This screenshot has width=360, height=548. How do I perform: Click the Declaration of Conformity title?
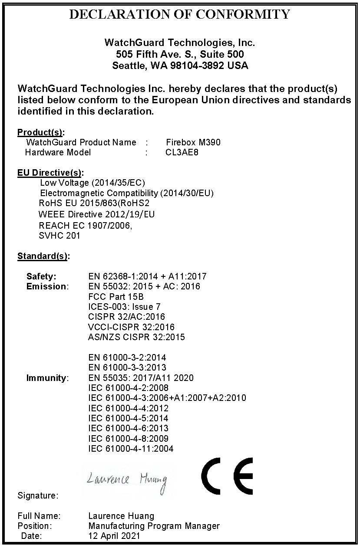click(180, 15)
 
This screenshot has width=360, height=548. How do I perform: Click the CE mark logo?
click(227, 476)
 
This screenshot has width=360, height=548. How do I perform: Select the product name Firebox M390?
click(193, 142)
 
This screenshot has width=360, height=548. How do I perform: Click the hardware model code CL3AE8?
click(182, 152)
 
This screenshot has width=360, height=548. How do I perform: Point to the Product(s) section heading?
click(41, 132)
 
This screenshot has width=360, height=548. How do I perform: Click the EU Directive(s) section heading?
click(50, 173)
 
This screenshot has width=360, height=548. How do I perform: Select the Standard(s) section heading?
click(43, 256)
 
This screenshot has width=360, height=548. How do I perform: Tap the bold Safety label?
click(41, 276)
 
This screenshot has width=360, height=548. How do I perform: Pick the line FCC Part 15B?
click(116, 297)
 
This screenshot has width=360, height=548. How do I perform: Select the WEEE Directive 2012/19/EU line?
click(96, 214)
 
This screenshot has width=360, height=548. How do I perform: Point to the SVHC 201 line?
click(59, 236)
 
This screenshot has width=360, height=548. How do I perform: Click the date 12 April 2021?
click(114, 536)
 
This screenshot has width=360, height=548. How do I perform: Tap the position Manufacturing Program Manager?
click(154, 526)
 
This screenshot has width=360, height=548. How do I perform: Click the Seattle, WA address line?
click(180, 66)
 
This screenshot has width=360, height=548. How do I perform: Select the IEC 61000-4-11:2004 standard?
click(131, 449)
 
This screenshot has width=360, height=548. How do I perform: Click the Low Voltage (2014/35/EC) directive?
click(92, 183)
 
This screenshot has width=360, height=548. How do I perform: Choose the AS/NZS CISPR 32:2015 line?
click(136, 337)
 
